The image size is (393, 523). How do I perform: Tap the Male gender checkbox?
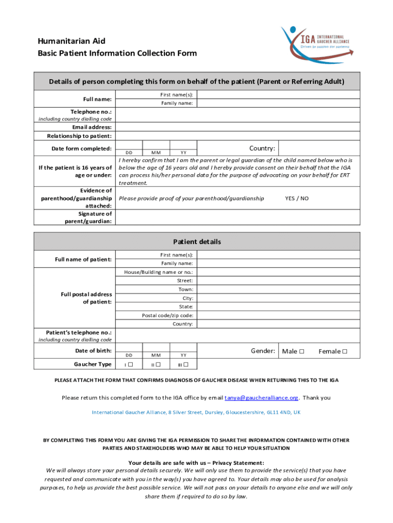(302, 351)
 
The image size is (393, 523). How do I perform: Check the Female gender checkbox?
(345, 351)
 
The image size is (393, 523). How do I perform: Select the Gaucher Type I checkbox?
(130, 364)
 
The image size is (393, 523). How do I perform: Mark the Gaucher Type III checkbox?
(186, 364)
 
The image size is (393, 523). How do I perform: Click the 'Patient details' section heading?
(196, 242)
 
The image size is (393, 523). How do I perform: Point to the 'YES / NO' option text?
(297, 198)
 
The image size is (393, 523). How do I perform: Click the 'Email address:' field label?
(92, 127)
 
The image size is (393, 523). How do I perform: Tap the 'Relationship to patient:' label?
(79, 136)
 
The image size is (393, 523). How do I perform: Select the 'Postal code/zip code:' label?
(167, 315)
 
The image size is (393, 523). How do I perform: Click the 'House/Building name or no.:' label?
(158, 272)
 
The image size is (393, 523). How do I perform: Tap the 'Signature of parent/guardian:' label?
(87, 218)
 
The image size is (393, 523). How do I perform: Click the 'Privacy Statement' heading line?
(196, 463)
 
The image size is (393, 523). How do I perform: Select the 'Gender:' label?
(263, 351)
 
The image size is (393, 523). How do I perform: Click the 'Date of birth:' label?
(93, 351)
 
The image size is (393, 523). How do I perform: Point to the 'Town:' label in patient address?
(185, 289)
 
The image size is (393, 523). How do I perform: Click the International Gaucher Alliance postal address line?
(196, 412)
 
